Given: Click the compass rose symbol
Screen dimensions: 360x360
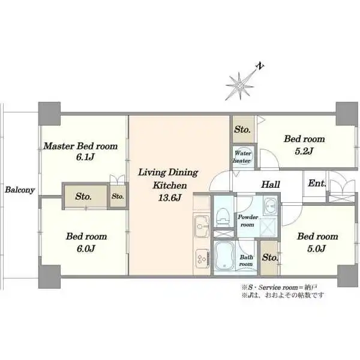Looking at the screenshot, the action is pyautogui.click(x=239, y=86).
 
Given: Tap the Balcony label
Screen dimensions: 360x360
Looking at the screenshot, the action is pyautogui.click(x=20, y=190).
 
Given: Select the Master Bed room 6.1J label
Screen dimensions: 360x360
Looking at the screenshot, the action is pyautogui.click(x=80, y=152).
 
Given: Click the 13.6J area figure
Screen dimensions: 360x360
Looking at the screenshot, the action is pyautogui.click(x=170, y=198).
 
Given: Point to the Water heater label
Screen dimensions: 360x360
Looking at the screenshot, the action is pyautogui.click(x=242, y=157).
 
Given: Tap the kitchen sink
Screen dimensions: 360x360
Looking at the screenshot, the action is pyautogui.click(x=202, y=227).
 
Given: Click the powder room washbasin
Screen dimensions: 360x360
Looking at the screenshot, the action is pyautogui.click(x=271, y=205).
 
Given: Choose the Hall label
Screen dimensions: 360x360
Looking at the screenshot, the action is pyautogui.click(x=271, y=184).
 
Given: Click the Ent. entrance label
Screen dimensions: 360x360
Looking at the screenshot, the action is pyautogui.click(x=317, y=183).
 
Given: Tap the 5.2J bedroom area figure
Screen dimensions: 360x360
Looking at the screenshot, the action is pyautogui.click(x=304, y=151).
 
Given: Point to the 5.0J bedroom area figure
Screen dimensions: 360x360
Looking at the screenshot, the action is pyautogui.click(x=316, y=248).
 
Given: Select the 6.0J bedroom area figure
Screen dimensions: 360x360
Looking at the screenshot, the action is pyautogui.click(x=86, y=248).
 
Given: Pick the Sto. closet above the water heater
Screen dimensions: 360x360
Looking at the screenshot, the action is pyautogui.click(x=242, y=130).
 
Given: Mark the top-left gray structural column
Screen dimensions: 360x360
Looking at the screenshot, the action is pyautogui.click(x=49, y=113).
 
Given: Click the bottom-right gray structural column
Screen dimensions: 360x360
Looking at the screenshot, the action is pyautogui.click(x=347, y=276).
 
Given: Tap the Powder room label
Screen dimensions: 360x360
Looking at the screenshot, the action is pyautogui.click(x=248, y=221).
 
